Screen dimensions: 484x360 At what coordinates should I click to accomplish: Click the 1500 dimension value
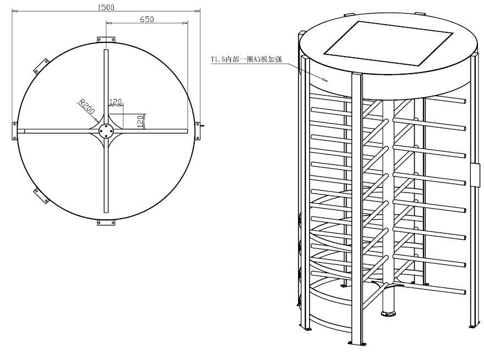pos(106,7)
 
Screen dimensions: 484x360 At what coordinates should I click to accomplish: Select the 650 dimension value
pos(147,19)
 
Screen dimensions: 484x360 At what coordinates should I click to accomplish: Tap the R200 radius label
pos(87,106)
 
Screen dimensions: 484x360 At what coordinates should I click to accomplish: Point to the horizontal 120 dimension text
pos(116,102)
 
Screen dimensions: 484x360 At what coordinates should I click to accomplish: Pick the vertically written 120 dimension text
pos(141,121)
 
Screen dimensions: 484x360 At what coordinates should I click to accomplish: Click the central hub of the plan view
pos(106,131)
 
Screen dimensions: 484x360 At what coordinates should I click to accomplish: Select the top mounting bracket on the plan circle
pos(106,40)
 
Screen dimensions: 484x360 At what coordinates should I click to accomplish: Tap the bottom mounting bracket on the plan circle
pos(106,223)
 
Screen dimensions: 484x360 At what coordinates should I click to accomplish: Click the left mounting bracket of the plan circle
pos(14,131)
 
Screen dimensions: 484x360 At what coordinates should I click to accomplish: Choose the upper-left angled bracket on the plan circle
pos(41,66)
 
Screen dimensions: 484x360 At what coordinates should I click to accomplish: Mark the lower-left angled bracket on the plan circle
pos(41,196)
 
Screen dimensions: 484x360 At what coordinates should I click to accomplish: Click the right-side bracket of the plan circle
pos(198,131)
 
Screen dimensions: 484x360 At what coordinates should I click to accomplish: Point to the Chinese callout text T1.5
pos(246,59)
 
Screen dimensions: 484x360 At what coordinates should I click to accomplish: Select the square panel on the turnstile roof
pos(388,43)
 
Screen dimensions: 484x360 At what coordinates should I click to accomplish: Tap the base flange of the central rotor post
pos(388,314)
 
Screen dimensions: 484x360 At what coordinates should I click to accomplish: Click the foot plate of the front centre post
pos(356,343)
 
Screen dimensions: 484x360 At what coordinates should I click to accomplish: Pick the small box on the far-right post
pos(475,175)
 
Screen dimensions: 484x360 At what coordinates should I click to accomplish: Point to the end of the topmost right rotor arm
pos(463,101)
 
